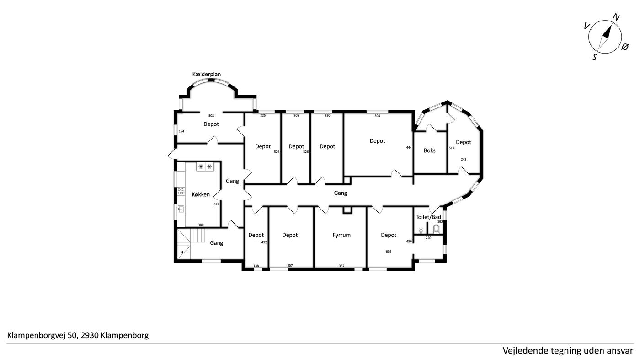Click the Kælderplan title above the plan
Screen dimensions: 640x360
click(x=206, y=75)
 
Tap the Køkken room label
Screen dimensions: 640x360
click(x=201, y=194)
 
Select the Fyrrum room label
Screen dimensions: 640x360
click(x=341, y=235)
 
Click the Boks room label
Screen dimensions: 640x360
click(x=429, y=150)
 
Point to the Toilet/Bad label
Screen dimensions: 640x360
click(x=428, y=217)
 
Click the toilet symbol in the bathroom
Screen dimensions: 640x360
click(x=436, y=229)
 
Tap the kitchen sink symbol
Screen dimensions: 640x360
click(x=181, y=210)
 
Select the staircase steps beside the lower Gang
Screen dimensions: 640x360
click(x=191, y=243)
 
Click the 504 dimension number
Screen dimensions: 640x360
click(x=377, y=116)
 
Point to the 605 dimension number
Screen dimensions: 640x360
click(x=389, y=251)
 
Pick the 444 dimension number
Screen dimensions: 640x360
click(x=409, y=148)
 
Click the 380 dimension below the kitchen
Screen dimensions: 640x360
click(x=201, y=225)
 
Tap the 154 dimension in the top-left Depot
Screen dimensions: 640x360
click(x=181, y=131)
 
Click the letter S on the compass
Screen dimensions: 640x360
click(x=595, y=57)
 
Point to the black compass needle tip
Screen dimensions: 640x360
click(x=611, y=26)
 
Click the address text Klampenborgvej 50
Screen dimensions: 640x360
click(x=42, y=336)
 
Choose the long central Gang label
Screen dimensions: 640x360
click(x=340, y=193)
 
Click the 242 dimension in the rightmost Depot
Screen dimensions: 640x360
click(x=464, y=159)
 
